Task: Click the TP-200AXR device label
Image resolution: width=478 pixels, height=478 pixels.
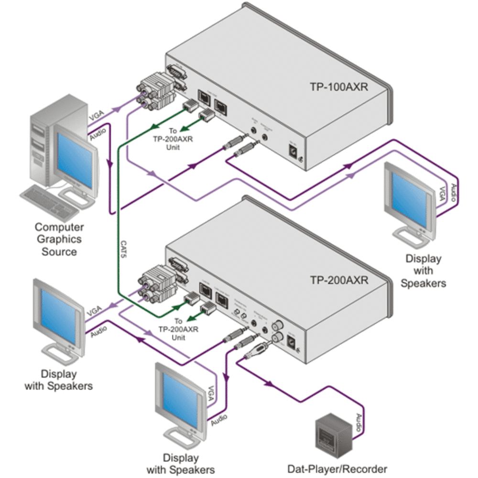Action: pyautogui.click(x=339, y=280)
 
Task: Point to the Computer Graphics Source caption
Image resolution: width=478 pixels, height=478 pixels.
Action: pyautogui.click(x=59, y=239)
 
